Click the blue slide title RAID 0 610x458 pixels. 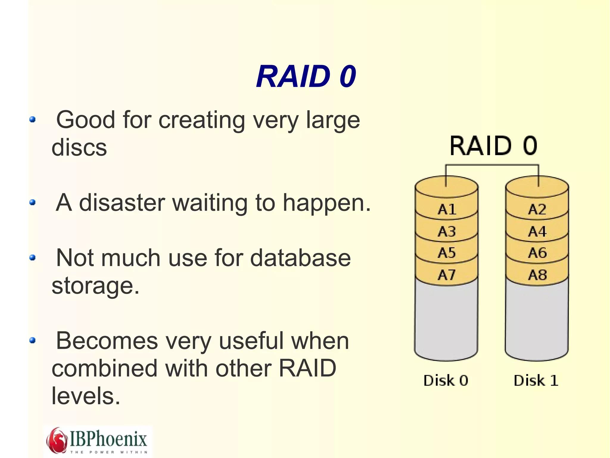pyautogui.click(x=306, y=77)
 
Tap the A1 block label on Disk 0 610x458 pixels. pyautogui.click(x=447, y=209)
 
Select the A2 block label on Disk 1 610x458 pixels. pyautogui.click(x=537, y=209)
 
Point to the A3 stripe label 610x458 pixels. pyautogui.click(x=447, y=232)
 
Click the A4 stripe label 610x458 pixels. pyautogui.click(x=537, y=232)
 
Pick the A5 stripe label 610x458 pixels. pyautogui.click(x=447, y=253)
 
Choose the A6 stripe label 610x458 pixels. pyautogui.click(x=537, y=253)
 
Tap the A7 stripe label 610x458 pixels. pyautogui.click(x=447, y=275)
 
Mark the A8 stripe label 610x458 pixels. pyautogui.click(x=537, y=275)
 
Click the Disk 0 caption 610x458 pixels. pyautogui.click(x=446, y=380)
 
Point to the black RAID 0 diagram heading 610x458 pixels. pyautogui.click(x=494, y=146)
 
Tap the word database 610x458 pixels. pyautogui.click(x=300, y=258)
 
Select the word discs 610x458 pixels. pyautogui.click(x=79, y=147)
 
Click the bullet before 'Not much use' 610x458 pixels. pyautogui.click(x=33, y=257)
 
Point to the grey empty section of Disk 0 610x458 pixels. pyautogui.click(x=446, y=319)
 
